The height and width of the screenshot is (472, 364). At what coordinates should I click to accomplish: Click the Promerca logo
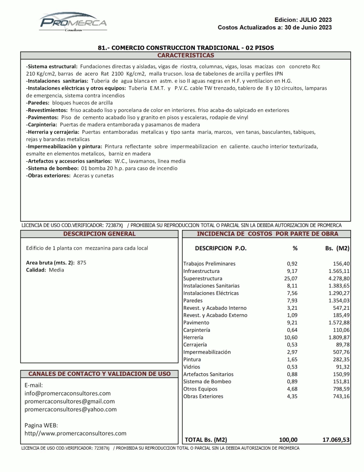click(73, 22)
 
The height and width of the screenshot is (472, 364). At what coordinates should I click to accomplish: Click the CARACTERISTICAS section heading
click(185, 55)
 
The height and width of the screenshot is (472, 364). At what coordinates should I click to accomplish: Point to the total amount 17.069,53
click(336, 439)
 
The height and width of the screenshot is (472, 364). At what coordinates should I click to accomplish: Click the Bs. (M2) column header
click(337, 248)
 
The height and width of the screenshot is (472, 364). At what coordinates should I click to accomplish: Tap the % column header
click(295, 248)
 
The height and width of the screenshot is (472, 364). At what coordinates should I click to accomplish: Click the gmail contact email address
click(69, 401)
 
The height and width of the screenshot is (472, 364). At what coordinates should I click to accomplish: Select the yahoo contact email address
click(70, 409)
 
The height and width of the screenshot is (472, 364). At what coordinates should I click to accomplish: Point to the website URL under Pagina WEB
click(75, 433)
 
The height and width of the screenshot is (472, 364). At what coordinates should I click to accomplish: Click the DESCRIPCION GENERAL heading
click(99, 234)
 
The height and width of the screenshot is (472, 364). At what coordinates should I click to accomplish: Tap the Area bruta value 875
click(81, 263)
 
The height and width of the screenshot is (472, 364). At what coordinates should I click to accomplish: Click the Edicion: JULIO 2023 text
click(303, 20)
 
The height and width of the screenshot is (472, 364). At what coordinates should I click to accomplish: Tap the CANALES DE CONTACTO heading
click(99, 374)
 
